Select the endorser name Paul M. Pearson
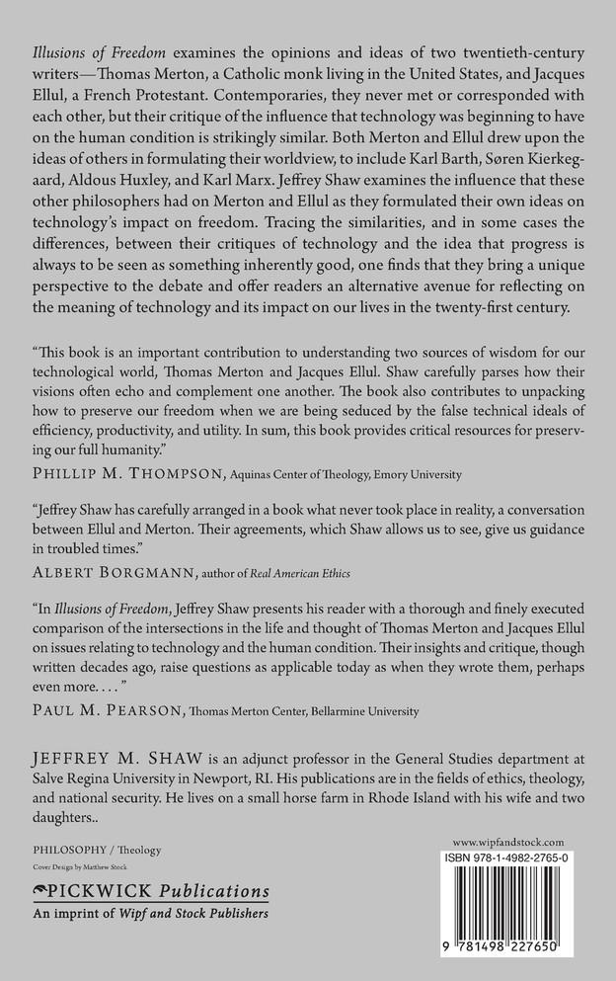point(111,709)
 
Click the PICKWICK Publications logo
point(150,891)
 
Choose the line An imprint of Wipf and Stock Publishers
point(151,914)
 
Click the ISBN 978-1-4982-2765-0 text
point(507,858)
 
